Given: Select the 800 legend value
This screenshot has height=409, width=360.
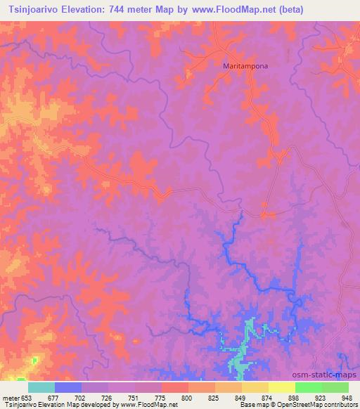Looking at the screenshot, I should point(186,397).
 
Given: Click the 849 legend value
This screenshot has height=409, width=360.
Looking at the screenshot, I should point(239,397).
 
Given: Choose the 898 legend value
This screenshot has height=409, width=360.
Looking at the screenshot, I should point(292,397).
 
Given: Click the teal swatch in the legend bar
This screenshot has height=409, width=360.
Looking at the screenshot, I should point(41,387).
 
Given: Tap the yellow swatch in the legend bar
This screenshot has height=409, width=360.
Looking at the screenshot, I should point(281,387).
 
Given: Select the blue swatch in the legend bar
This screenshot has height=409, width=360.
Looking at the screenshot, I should point(68,387).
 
